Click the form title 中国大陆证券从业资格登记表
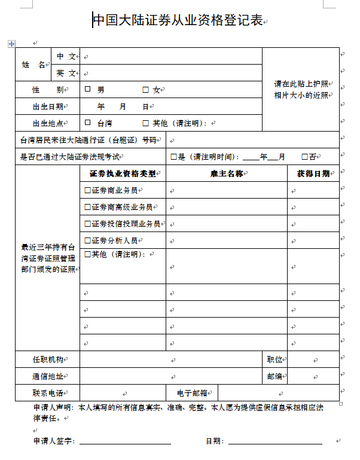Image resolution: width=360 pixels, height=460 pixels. click(x=178, y=21)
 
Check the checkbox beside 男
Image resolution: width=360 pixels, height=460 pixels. click(x=88, y=90)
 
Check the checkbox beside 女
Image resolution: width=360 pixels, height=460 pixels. click(x=145, y=90)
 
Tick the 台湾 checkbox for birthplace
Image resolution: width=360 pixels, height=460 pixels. click(x=88, y=123)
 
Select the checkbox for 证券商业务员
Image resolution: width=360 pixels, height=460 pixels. click(x=88, y=190)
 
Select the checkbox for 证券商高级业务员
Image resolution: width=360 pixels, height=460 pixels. click(x=88, y=207)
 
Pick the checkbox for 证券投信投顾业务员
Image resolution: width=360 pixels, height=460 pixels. click(x=88, y=224)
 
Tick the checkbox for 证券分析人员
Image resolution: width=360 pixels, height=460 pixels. click(x=88, y=240)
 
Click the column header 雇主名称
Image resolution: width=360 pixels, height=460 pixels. click(x=227, y=173)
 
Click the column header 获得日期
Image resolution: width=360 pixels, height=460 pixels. click(x=313, y=173)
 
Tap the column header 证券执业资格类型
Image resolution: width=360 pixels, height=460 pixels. click(x=122, y=173)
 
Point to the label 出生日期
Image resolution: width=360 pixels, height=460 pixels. click(x=47, y=106)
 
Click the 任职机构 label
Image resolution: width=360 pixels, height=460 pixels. click(x=47, y=360)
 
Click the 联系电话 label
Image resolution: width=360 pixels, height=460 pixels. click(x=47, y=393)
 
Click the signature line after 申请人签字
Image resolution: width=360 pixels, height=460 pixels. click(x=125, y=441)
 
